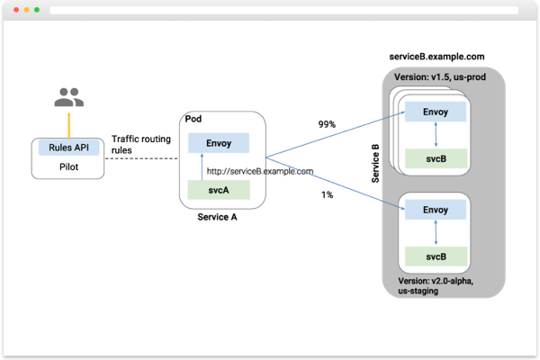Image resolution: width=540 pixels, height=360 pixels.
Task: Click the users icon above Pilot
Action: click(x=68, y=97)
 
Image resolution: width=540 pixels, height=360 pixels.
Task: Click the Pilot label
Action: click(x=68, y=167)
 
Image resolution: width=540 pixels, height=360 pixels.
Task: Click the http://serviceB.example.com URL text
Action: click(x=260, y=171)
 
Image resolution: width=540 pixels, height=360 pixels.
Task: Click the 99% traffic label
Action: click(x=328, y=124)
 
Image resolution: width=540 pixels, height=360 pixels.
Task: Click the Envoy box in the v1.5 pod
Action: click(x=436, y=112)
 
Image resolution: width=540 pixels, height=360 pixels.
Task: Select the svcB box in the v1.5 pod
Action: click(x=436, y=158)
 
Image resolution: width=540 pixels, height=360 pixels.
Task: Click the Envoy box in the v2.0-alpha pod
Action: click(x=436, y=210)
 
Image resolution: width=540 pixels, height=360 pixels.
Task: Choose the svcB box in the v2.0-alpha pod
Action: click(x=436, y=256)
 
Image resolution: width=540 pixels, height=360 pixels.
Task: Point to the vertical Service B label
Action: click(x=376, y=161)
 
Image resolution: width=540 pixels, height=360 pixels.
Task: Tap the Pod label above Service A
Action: click(x=193, y=119)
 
